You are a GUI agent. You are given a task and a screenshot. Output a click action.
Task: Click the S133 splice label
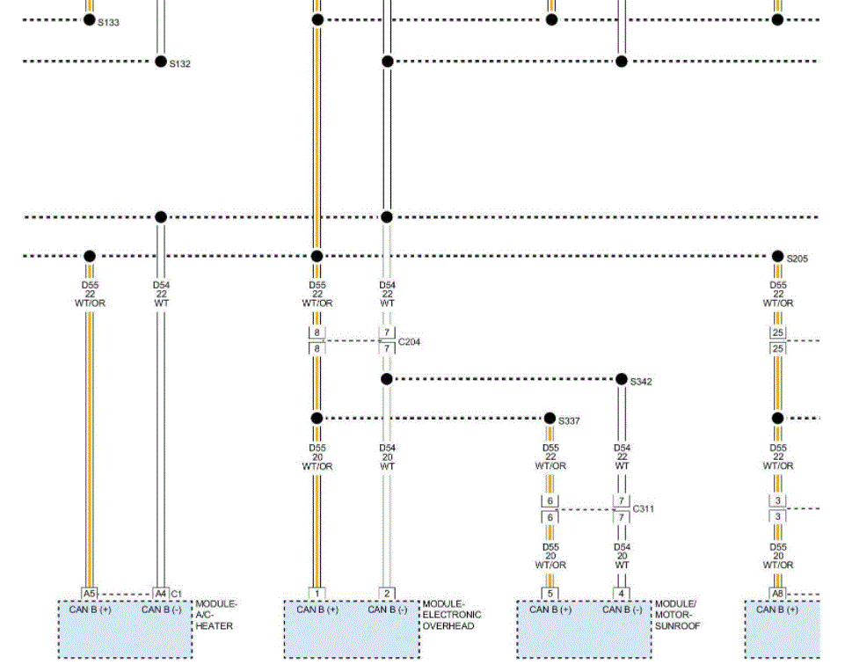pyautogui.click(x=109, y=23)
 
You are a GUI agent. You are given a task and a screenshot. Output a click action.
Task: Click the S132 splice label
pyautogui.click(x=180, y=64)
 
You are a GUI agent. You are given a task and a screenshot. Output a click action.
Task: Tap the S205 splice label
pyautogui.click(x=797, y=259)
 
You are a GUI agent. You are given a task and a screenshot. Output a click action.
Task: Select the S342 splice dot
pyautogui.click(x=622, y=379)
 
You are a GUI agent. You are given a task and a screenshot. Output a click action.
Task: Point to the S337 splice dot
pyautogui.click(x=550, y=418)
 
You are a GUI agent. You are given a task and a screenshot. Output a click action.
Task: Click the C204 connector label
pyautogui.click(x=410, y=341)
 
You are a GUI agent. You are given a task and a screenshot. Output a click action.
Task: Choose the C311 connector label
pyautogui.click(x=644, y=508)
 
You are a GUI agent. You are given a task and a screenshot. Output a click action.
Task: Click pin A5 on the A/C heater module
pyautogui.click(x=90, y=594)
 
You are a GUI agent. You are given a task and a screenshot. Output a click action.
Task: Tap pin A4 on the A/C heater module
pyautogui.click(x=160, y=594)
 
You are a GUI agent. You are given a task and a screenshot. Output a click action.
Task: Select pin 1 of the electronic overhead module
pyautogui.click(x=317, y=594)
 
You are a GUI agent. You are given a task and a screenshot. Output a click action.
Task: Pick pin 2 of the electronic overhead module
pyautogui.click(x=387, y=594)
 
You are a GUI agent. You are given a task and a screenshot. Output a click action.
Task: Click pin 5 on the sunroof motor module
pyautogui.click(x=550, y=594)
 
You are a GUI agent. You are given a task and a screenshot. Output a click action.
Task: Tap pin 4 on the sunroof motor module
pyautogui.click(x=622, y=594)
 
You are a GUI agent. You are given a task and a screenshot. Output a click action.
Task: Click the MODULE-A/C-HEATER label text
pyautogui.click(x=216, y=615)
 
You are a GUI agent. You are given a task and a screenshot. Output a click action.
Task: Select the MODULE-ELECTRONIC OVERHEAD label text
pyautogui.click(x=452, y=615)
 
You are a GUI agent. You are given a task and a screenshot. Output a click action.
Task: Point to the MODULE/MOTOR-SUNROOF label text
pyautogui.click(x=677, y=615)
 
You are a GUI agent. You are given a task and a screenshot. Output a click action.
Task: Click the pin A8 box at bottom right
pyautogui.click(x=778, y=594)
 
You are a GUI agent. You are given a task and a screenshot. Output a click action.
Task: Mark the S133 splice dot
pyautogui.click(x=90, y=19)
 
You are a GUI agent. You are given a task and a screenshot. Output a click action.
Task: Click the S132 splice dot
pyautogui.click(x=160, y=62)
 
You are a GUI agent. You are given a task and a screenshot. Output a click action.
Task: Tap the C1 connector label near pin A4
pyautogui.click(x=177, y=594)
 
